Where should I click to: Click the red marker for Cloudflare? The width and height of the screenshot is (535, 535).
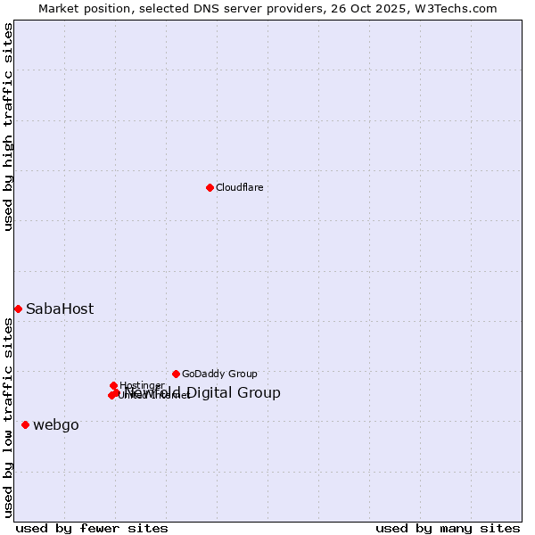click(210, 187)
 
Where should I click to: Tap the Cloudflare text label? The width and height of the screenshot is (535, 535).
click(239, 187)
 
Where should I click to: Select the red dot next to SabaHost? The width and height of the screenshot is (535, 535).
click(18, 309)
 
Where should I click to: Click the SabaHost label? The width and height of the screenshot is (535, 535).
click(60, 309)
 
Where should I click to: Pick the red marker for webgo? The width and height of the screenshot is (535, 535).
click(25, 424)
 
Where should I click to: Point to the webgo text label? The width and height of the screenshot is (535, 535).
click(56, 425)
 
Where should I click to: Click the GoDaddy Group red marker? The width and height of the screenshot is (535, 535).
click(176, 374)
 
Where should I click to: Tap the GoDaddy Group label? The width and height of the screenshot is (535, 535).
click(219, 374)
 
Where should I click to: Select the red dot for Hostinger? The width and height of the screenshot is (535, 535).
click(113, 385)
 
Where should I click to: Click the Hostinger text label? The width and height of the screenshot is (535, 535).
click(142, 386)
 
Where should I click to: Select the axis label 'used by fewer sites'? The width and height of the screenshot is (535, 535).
click(92, 529)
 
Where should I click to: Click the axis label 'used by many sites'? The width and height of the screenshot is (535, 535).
click(448, 529)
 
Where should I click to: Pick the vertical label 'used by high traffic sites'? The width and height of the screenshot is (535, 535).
click(8, 128)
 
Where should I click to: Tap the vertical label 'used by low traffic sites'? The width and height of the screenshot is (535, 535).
click(8, 417)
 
